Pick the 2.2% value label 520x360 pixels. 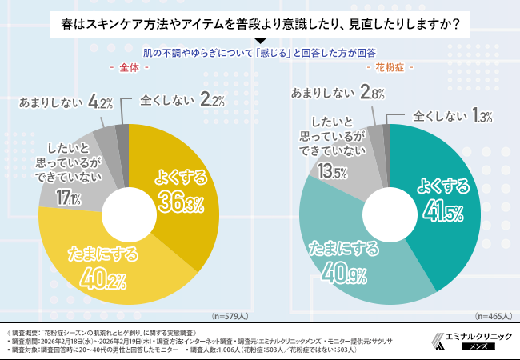click(211, 101)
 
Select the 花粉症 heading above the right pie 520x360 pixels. click(388, 69)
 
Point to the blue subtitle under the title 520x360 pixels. click(260, 54)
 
